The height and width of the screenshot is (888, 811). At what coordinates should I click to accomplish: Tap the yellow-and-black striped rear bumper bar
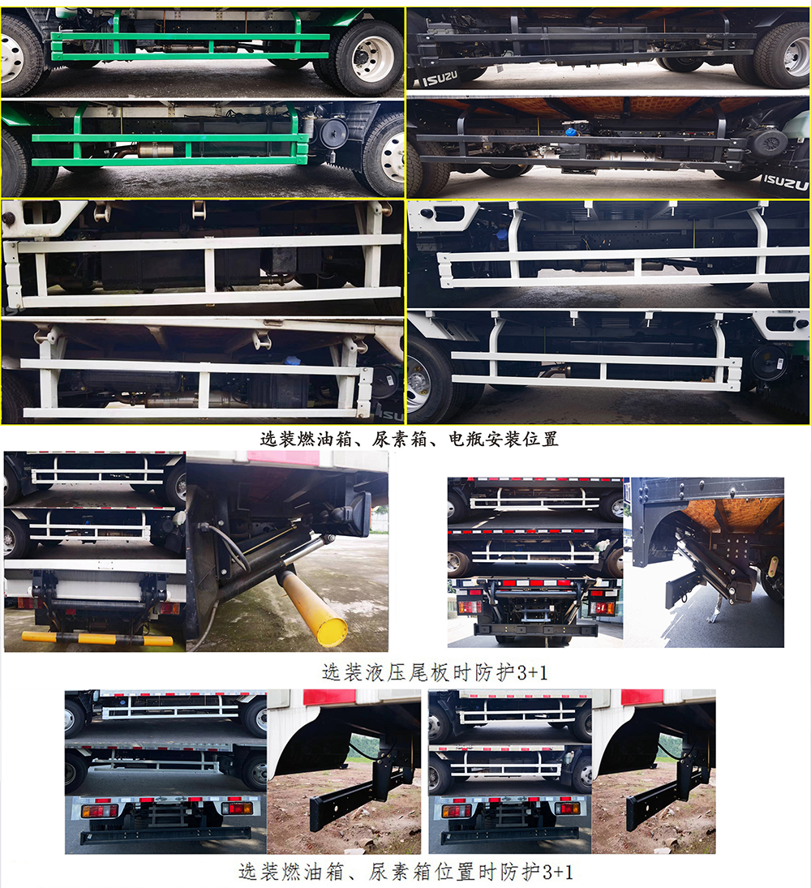(x=97, y=639)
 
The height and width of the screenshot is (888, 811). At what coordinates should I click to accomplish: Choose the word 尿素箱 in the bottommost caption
(x=394, y=873)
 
